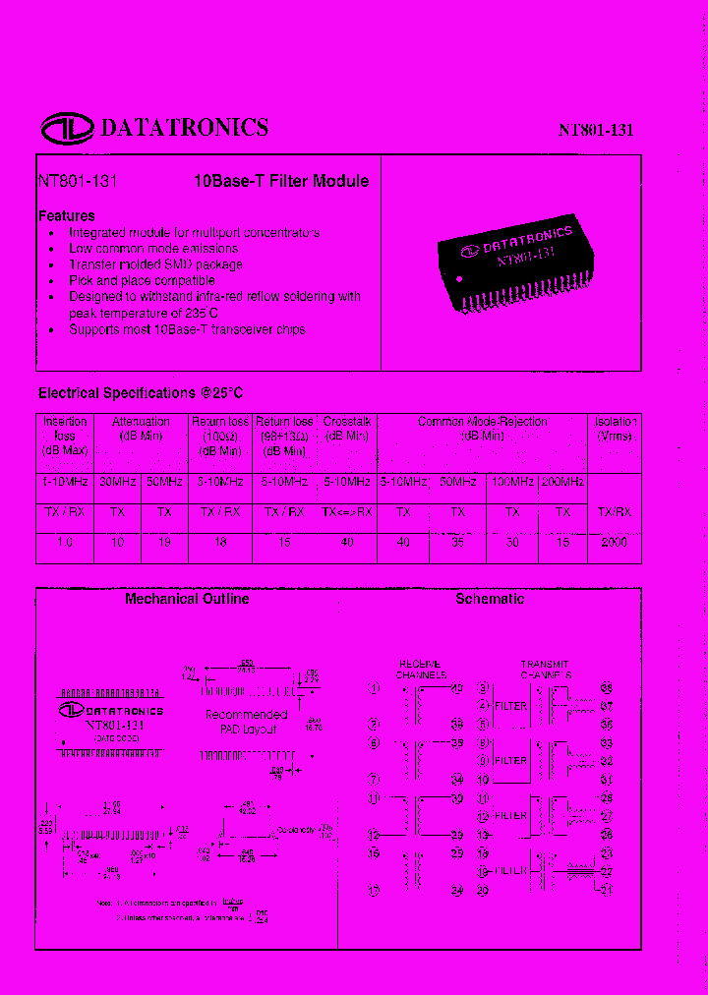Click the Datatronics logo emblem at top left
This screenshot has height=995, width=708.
click(66, 128)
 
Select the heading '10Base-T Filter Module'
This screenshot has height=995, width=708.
click(280, 181)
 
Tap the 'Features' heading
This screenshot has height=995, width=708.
click(67, 215)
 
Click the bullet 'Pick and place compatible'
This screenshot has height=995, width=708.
click(142, 280)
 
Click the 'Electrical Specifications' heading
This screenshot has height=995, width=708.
click(141, 393)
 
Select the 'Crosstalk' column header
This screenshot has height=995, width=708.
click(346, 422)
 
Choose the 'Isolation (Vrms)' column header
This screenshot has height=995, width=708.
click(616, 428)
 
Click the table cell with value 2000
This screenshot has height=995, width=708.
click(615, 543)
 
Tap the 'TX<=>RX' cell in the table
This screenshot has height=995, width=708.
click(346, 511)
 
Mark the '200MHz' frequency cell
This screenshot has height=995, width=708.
click(562, 482)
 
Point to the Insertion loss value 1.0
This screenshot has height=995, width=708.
click(65, 543)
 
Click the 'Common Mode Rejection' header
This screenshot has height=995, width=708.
click(483, 422)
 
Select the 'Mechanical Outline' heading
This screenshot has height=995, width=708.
click(187, 599)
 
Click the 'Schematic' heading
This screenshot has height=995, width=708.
click(490, 599)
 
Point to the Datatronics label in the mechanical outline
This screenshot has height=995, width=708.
click(111, 710)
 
